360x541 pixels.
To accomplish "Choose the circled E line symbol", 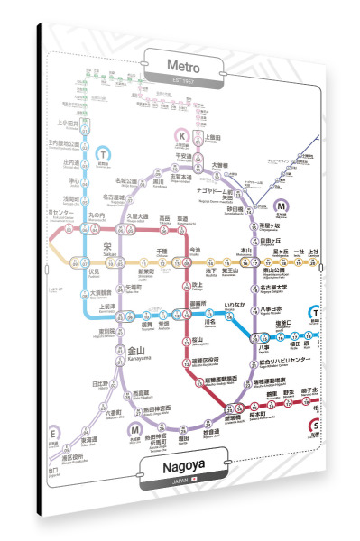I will pyautogui.click(x=53, y=433).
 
